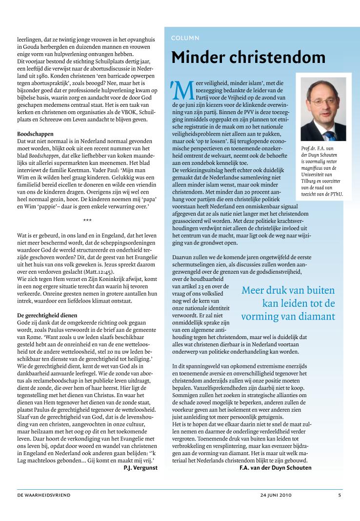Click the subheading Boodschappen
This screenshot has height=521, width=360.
(x=35, y=133)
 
